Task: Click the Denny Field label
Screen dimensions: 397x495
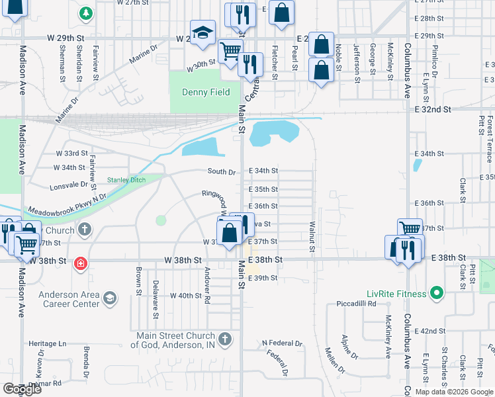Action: pyautogui.click(x=206, y=92)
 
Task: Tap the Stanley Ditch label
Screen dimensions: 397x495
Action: pyautogui.click(x=127, y=180)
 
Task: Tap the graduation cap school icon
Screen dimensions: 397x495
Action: pyautogui.click(x=203, y=32)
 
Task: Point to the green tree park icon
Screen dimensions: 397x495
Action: pyautogui.click(x=85, y=13)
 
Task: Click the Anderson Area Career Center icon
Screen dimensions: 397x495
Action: pyautogui.click(x=110, y=300)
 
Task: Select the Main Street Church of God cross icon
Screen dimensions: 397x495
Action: pyautogui.click(x=225, y=339)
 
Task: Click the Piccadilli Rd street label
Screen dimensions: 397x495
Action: pyautogui.click(x=357, y=304)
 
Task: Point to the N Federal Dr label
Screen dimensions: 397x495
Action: pyautogui.click(x=282, y=343)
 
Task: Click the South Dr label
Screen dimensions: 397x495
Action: pyautogui.click(x=222, y=172)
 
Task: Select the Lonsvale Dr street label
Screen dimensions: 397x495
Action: pyautogui.click(x=68, y=186)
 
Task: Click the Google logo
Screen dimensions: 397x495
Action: pyautogui.click(x=22, y=389)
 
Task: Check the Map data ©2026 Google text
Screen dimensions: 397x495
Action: pyautogui.click(x=453, y=392)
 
